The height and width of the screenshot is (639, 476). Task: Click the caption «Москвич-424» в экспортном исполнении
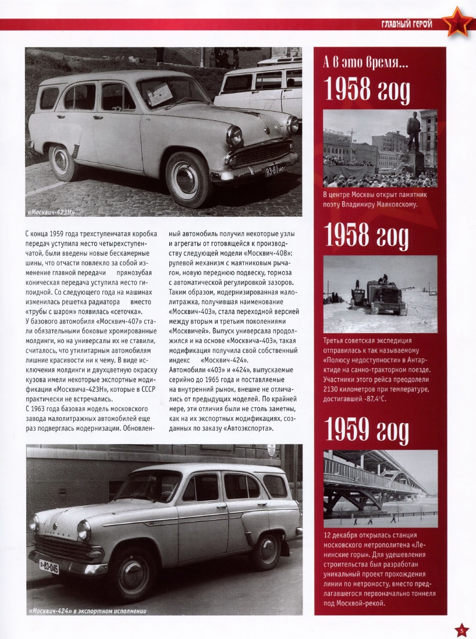click(x=87, y=611)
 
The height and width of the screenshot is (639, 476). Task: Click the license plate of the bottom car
click(x=48, y=566)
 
